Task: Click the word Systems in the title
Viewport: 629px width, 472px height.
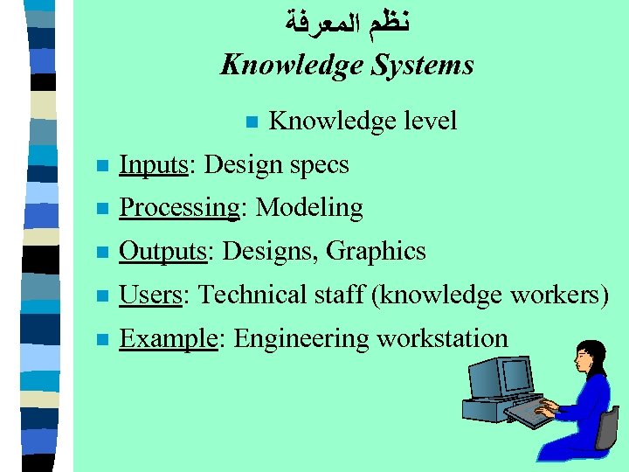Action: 423,66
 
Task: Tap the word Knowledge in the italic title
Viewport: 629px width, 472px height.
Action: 290,66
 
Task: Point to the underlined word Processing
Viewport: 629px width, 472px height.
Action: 179,208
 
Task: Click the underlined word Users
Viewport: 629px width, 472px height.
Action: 150,295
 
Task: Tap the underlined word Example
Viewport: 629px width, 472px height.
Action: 168,338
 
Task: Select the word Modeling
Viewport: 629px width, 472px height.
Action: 309,208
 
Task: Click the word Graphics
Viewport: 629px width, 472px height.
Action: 376,251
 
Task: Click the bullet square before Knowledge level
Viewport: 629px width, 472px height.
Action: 250,121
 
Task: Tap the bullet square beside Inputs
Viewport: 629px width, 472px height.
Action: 102,165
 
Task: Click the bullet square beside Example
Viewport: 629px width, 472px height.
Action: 102,339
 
